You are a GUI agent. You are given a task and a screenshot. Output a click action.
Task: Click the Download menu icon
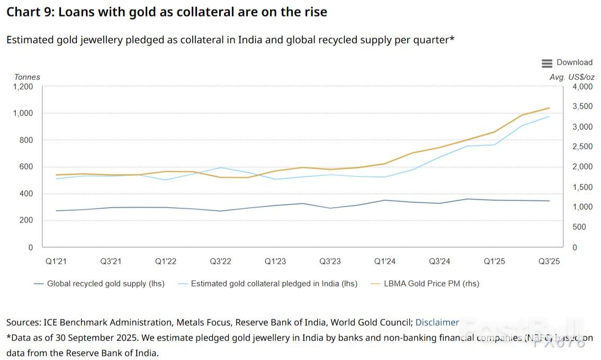click(547, 63)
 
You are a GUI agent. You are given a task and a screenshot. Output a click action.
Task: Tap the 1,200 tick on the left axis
click(23, 87)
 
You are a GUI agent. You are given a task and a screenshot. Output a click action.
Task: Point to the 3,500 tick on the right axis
click(583, 107)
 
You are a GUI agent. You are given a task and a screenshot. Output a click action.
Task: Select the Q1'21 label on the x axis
click(56, 261)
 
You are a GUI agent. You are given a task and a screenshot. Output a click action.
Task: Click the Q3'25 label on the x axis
click(549, 261)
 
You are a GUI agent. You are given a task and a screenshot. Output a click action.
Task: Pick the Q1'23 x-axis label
click(275, 261)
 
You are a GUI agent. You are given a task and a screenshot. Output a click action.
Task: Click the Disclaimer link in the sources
click(437, 322)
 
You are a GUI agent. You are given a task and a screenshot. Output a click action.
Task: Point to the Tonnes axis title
click(27, 77)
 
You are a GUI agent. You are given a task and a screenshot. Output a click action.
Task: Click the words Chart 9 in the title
click(28, 12)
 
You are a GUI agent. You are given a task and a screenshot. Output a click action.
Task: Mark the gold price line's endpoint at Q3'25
click(549, 108)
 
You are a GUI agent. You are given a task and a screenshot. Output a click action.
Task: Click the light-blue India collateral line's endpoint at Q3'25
click(549, 116)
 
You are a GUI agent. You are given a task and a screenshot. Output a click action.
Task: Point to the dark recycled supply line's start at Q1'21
click(56, 211)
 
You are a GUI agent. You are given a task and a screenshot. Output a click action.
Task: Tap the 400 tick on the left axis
click(26, 194)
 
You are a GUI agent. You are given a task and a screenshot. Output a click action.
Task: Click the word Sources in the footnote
click(23, 322)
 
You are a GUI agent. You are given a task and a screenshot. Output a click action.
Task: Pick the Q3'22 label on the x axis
click(220, 261)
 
